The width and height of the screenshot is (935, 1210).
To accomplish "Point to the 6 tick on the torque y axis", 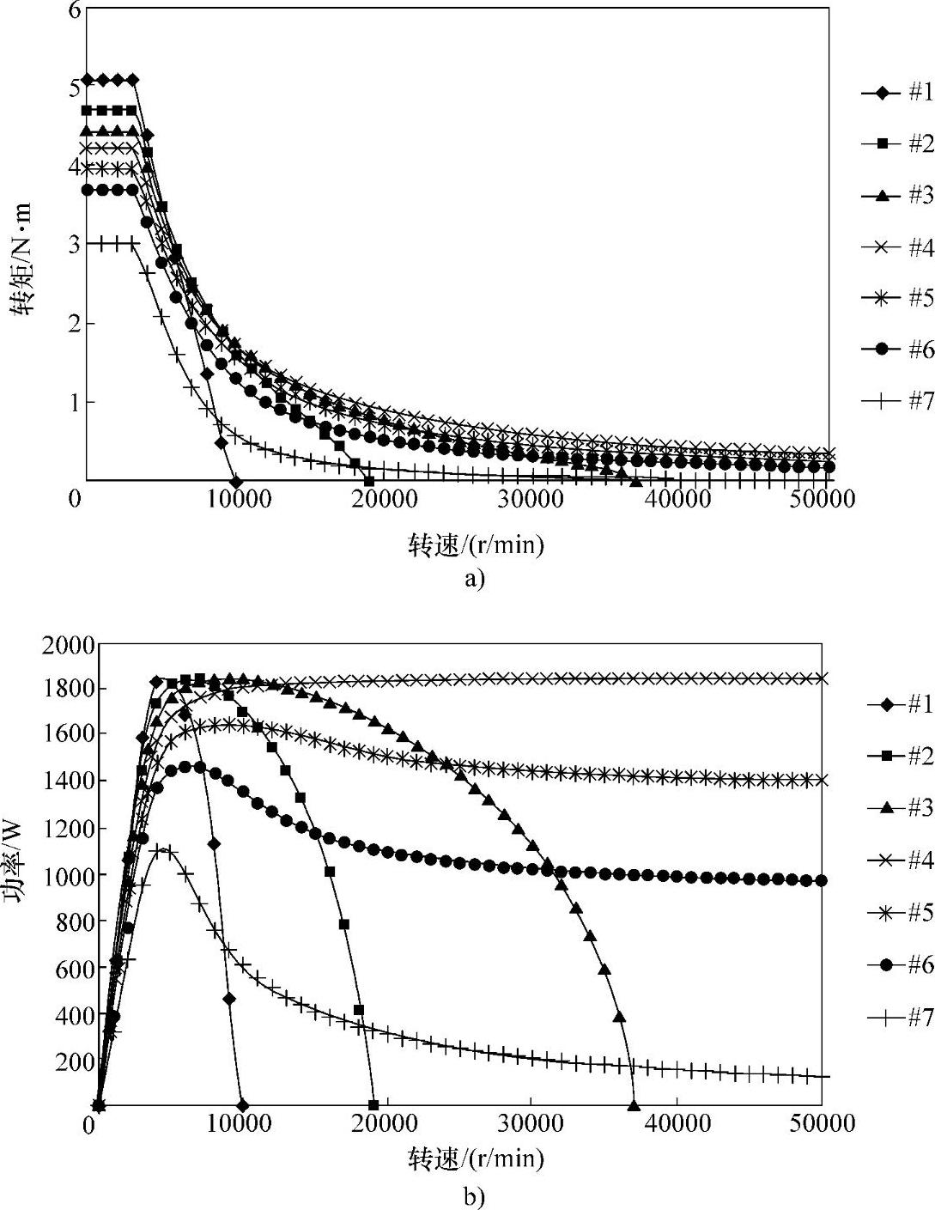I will pyautogui.click(x=73, y=10).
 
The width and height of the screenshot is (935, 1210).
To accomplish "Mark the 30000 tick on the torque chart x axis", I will pyautogui.click(x=529, y=499).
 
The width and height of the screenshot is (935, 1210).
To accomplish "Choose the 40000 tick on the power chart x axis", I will pyautogui.click(x=677, y=1124).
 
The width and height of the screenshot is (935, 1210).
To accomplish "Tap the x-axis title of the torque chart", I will pyautogui.click(x=476, y=544).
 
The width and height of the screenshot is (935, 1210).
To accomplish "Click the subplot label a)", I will pyautogui.click(x=474, y=578).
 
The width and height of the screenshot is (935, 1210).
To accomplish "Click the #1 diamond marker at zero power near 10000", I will pyautogui.click(x=242, y=1104).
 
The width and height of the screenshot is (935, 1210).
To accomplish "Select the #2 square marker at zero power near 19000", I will pyautogui.click(x=373, y=1104).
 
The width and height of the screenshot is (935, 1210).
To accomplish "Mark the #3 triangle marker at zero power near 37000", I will pyautogui.click(x=634, y=1104).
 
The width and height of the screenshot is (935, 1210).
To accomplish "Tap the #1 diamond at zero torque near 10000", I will pyautogui.click(x=236, y=481).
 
